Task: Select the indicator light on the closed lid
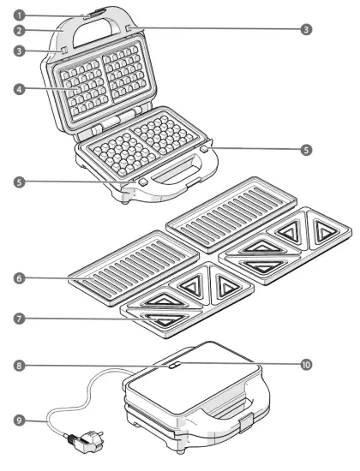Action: tap(174, 364)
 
